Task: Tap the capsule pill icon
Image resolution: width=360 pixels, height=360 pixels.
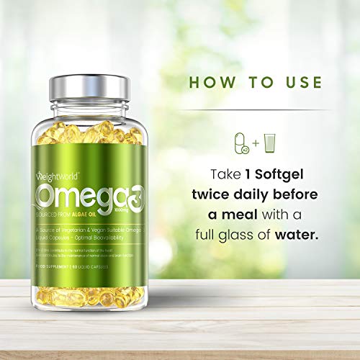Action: point(242,142)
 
